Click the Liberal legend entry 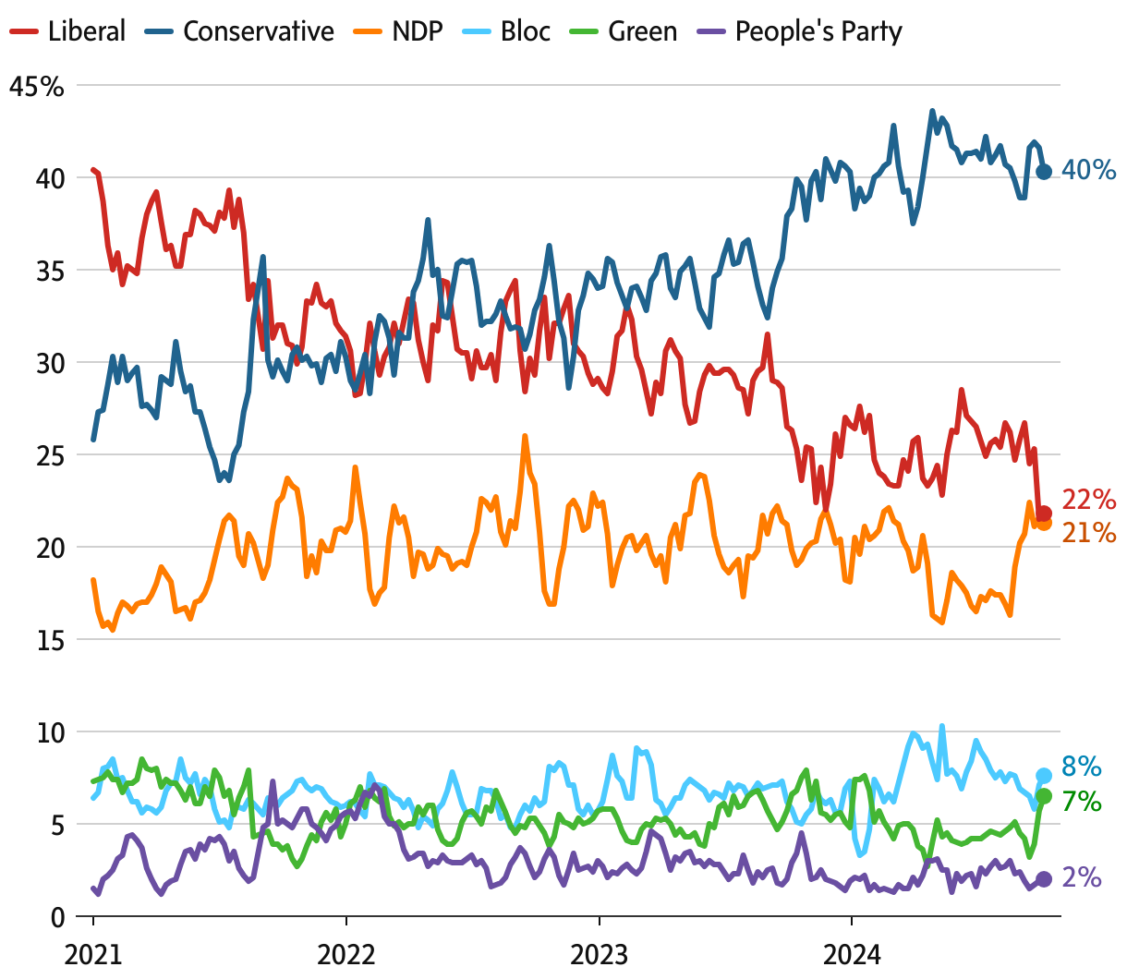coord(67,31)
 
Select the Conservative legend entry coord(240,31)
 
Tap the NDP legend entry coord(399,31)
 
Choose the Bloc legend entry coord(508,31)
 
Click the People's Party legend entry coord(801,31)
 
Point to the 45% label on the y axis coord(37,87)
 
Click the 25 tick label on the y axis coord(51,455)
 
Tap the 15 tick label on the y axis coord(51,640)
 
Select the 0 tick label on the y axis coord(57,917)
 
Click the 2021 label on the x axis coord(93,953)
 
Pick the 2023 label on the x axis coord(600,953)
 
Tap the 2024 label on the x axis coord(852,953)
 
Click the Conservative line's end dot coord(1044,171)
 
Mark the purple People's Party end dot coord(1044,879)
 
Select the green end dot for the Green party coord(1044,796)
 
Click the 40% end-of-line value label coord(1088,170)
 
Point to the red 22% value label coord(1089,500)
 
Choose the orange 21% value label coord(1089,532)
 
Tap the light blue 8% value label coord(1082,767)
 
